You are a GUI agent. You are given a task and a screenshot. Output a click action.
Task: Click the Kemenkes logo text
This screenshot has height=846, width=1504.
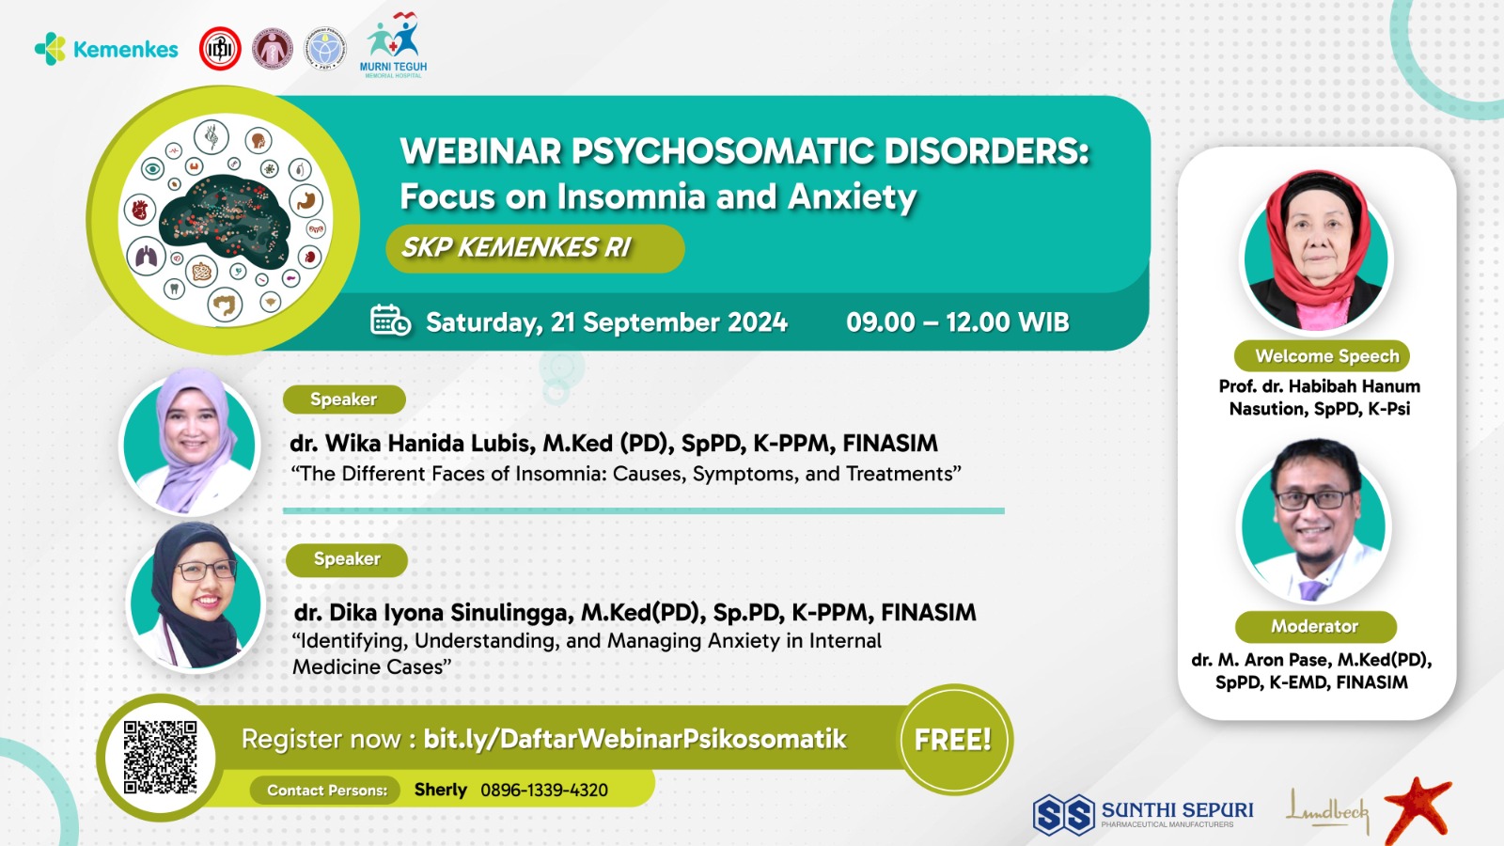(x=126, y=50)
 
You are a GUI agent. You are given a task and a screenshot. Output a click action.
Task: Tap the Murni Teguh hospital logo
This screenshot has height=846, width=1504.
(x=394, y=45)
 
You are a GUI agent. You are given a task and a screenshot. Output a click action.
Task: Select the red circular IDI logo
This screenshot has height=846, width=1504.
(x=220, y=49)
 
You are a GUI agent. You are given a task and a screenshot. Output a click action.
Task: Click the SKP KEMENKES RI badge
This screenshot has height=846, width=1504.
(x=535, y=248)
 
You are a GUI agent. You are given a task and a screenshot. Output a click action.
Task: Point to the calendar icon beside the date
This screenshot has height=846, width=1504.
(x=390, y=321)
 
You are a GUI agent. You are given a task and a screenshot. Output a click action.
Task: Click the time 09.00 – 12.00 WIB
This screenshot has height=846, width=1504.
(x=957, y=322)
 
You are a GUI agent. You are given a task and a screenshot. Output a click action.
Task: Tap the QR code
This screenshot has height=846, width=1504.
(x=161, y=758)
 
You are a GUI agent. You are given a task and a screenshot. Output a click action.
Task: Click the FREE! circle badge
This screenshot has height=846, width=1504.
(x=953, y=740)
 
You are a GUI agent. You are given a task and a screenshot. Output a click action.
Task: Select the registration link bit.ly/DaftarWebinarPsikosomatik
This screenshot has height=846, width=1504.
(x=634, y=739)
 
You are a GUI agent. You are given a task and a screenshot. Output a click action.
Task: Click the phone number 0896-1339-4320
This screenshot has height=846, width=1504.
(x=544, y=791)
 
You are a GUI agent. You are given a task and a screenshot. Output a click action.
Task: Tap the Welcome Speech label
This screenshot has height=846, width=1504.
(x=1322, y=356)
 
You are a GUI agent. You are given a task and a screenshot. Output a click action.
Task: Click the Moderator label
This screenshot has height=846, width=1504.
(x=1315, y=626)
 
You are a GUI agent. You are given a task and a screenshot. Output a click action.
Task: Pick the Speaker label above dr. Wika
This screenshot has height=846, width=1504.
(x=344, y=399)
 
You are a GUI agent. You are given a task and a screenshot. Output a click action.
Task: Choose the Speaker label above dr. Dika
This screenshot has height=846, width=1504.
(x=347, y=559)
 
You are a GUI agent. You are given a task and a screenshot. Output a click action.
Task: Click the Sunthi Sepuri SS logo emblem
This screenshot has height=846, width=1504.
(x=1063, y=814)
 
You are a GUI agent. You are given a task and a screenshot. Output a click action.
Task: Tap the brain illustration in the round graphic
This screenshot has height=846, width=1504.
(x=224, y=221)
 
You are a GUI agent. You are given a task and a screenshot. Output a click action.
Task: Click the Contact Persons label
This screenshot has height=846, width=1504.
(x=327, y=791)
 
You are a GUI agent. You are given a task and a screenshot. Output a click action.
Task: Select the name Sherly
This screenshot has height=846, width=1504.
(x=441, y=791)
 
